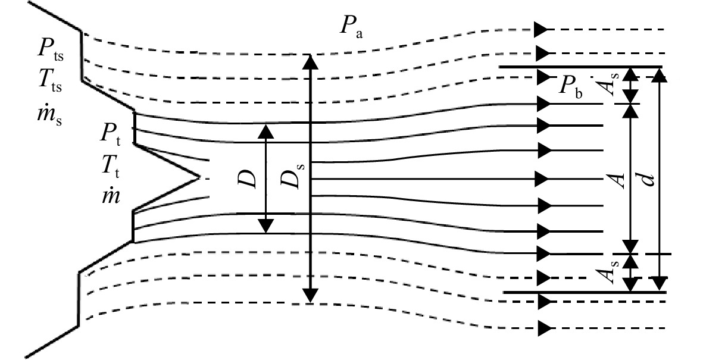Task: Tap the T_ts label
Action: (x=49, y=81)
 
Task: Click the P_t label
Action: (x=111, y=134)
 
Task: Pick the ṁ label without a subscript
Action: (x=111, y=196)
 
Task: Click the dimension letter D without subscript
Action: (x=248, y=178)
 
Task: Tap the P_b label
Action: (x=571, y=86)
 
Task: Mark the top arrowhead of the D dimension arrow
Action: (x=266, y=131)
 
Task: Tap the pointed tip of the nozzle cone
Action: (x=199, y=177)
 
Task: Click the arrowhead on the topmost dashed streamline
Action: (x=542, y=30)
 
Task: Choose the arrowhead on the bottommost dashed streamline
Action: (x=543, y=328)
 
